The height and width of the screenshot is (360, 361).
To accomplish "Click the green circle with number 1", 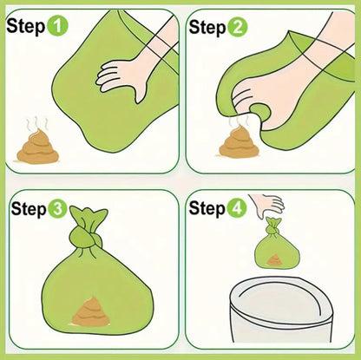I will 57,26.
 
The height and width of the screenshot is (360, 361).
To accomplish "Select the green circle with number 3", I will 57,208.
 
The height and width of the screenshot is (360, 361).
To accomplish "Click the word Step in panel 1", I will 26,26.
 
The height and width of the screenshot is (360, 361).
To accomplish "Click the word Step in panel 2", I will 207,26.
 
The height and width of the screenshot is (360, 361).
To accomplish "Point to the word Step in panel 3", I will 27,208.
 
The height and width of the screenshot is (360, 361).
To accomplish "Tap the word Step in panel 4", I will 207,208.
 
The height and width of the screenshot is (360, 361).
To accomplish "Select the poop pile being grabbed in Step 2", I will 236,141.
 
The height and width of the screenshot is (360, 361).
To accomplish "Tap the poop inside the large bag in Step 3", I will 89,312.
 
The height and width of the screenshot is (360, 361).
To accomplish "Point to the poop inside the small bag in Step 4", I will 275,259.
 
